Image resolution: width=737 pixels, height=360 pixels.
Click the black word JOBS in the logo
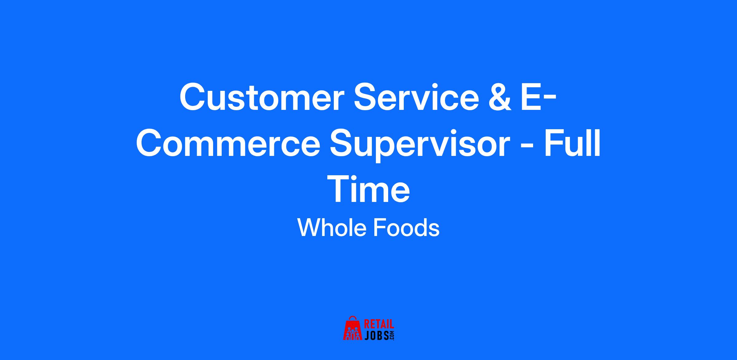(376, 335)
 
